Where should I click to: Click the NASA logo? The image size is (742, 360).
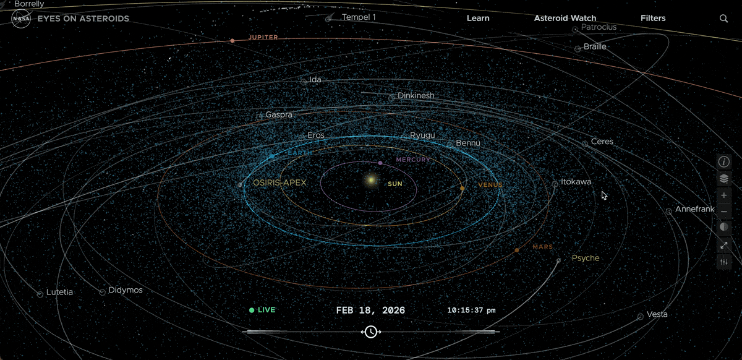[21, 19]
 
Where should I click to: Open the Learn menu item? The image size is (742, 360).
[478, 19]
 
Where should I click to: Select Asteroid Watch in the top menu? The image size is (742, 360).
[565, 19]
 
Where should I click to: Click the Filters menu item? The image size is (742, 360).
[653, 19]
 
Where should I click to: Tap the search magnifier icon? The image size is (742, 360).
[723, 19]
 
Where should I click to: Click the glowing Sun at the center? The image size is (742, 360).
[371, 181]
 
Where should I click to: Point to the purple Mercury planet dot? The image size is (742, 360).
[380, 163]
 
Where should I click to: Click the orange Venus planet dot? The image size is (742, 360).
[462, 188]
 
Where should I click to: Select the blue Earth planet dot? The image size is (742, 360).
[271, 156]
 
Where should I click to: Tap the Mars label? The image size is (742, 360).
[542, 247]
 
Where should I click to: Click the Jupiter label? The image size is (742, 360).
[263, 38]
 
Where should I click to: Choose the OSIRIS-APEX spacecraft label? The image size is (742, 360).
[279, 183]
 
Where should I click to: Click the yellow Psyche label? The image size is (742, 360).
[585, 258]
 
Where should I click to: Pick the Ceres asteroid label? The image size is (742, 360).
[602, 142]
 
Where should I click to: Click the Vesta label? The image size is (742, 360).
[657, 314]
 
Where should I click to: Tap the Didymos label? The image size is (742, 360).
[126, 290]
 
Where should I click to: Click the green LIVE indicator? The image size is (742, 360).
[262, 310]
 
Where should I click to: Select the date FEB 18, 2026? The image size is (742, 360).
[370, 310]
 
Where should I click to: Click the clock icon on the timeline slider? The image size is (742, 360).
[370, 332]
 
